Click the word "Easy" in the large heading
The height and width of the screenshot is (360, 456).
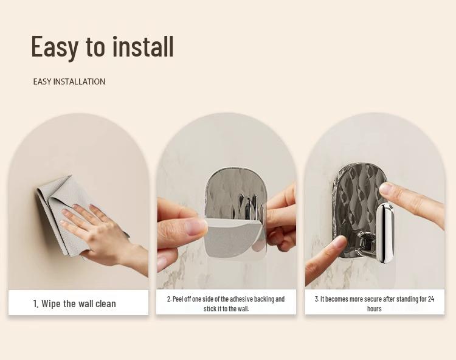point(55,47)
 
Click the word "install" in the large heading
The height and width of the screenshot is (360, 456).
point(143,46)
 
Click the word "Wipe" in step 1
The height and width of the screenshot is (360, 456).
point(51,303)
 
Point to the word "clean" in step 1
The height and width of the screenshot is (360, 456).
point(106,304)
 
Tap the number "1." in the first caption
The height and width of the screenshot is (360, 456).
point(36,304)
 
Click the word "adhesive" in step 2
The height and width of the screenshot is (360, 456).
point(241,299)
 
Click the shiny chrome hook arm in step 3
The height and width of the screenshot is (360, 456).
point(385,233)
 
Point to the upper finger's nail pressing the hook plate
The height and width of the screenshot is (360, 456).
point(387,188)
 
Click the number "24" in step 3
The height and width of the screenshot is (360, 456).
point(431,299)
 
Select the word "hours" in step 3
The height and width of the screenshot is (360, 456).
point(375,309)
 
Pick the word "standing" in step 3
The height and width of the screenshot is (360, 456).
point(408,299)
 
